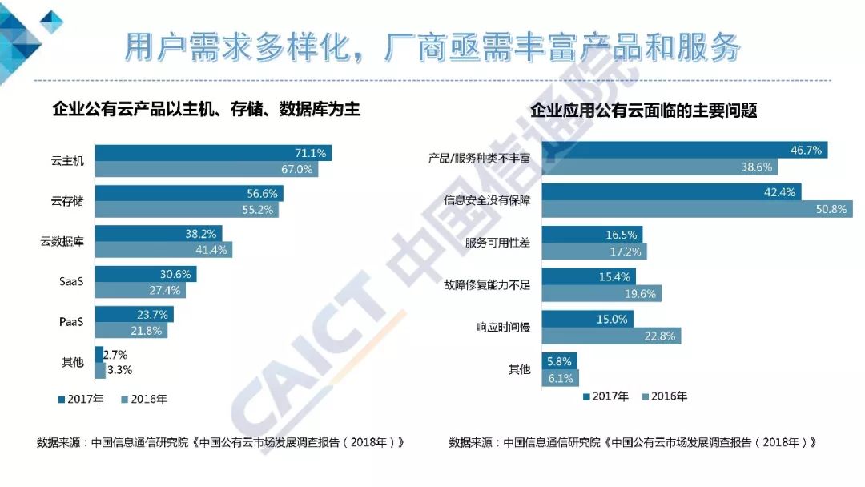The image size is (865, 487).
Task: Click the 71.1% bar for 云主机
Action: click(x=213, y=153)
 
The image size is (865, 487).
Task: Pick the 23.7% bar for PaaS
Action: click(x=135, y=314)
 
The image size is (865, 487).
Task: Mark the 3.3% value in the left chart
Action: click(x=119, y=370)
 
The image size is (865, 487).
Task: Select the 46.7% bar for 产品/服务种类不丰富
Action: click(x=685, y=150)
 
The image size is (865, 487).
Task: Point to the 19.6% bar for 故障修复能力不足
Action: click(x=601, y=293)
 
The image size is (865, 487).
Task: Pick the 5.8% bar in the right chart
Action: click(x=559, y=361)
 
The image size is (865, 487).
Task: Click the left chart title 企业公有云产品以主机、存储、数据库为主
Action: click(x=206, y=109)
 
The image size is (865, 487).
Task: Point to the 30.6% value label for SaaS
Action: click(x=178, y=273)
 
